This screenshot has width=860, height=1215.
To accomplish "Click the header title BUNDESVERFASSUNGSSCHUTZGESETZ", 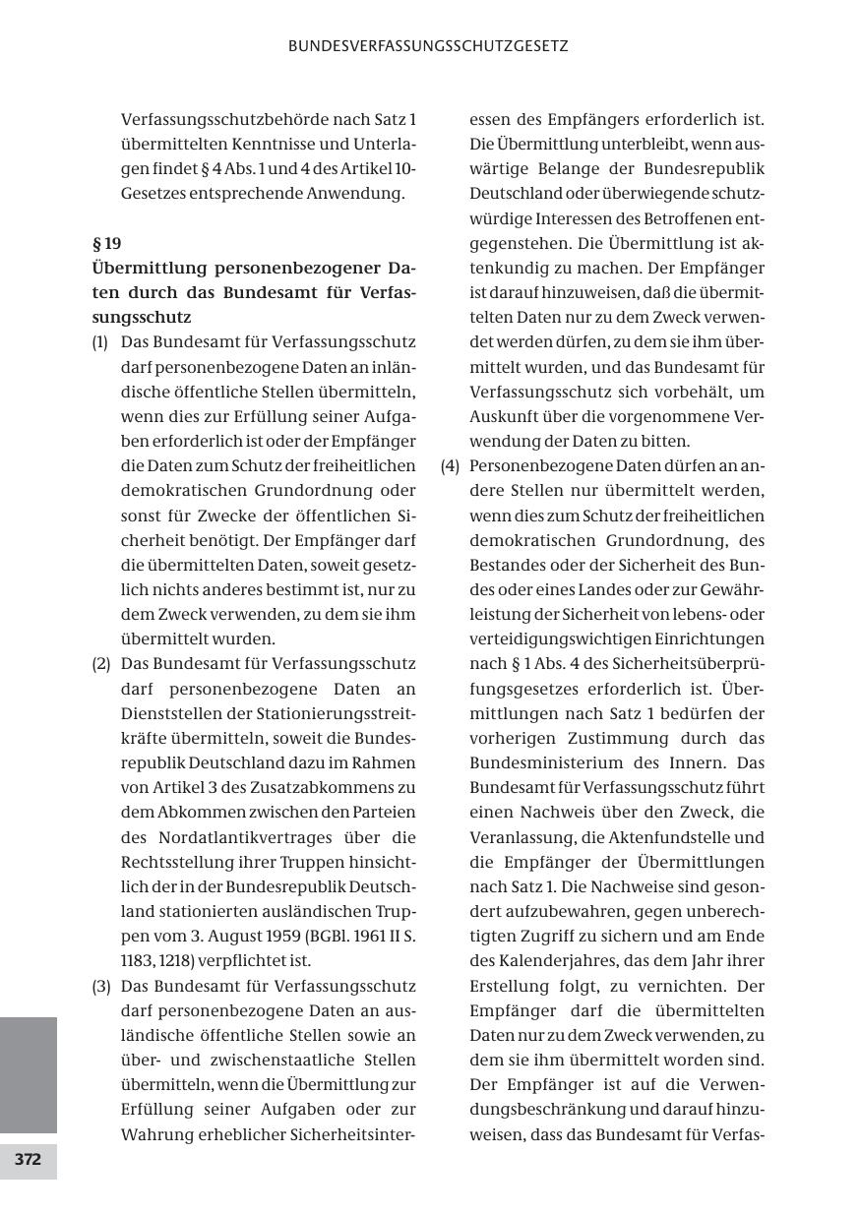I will coord(428,46).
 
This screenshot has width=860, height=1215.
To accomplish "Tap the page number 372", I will coord(28,1160).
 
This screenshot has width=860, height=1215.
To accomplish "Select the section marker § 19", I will coord(106,243).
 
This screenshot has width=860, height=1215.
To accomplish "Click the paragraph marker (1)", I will coord(100,342).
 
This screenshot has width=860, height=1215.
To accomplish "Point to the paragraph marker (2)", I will coord(100,664).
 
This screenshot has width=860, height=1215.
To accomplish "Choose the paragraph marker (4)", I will coord(450,466).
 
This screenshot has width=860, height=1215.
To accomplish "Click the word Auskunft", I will coord(504,416).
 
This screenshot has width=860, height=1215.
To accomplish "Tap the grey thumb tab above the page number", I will coord(28,1074).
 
